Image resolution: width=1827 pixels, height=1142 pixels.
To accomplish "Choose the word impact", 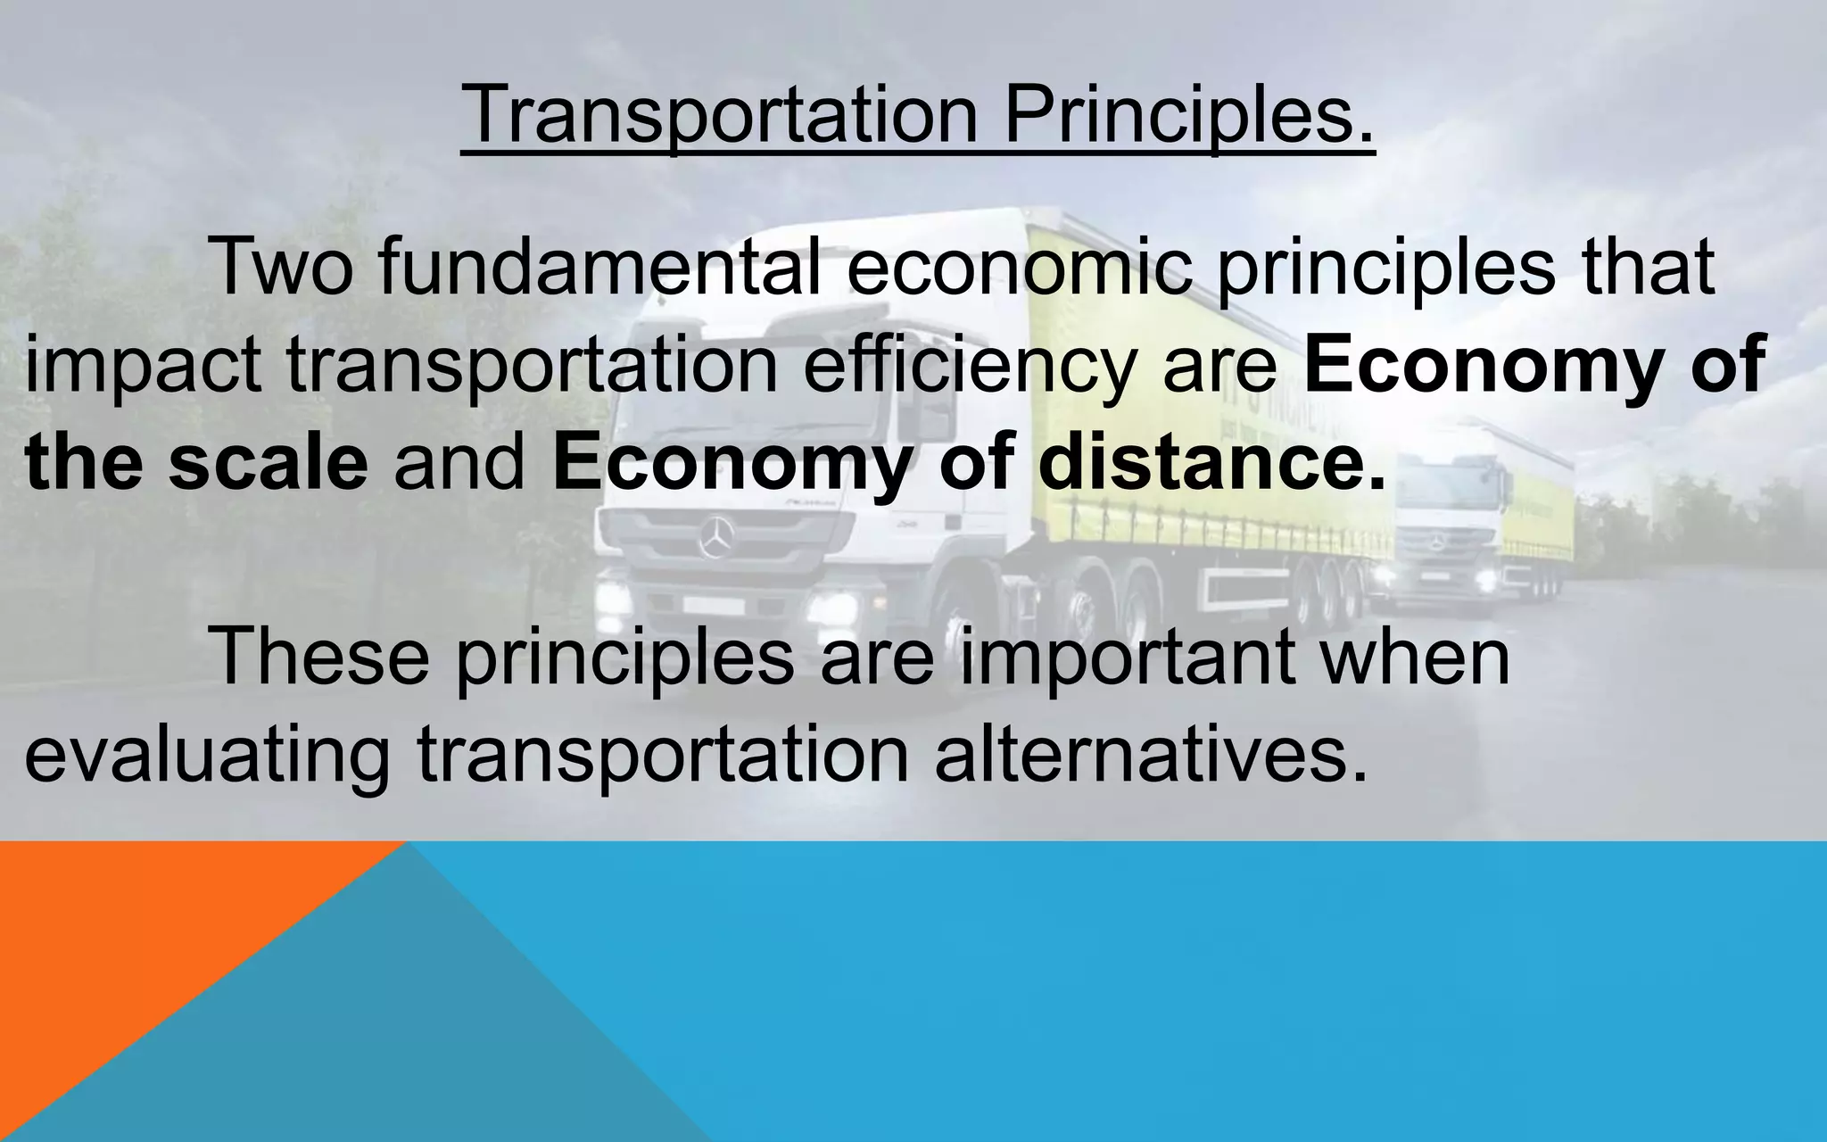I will click(143, 366).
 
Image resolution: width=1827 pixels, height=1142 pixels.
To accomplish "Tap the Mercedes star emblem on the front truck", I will click(717, 538).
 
